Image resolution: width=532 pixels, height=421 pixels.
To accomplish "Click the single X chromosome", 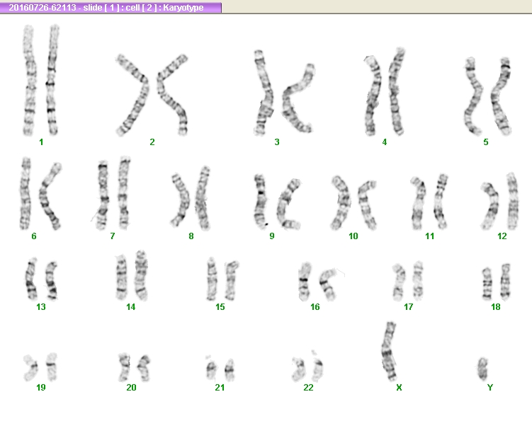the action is (388, 352).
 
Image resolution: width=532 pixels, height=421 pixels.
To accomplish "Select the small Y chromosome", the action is (482, 369).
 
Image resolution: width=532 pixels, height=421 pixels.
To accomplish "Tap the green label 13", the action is (40, 307).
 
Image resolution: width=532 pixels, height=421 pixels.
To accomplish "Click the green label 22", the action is (308, 388).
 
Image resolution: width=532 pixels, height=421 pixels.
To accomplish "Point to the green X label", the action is (399, 388).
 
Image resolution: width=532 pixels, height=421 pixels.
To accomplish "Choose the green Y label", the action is (490, 388).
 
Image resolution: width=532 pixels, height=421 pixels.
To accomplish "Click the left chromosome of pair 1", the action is (29, 81).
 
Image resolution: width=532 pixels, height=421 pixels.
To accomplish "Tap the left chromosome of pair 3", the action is (264, 93).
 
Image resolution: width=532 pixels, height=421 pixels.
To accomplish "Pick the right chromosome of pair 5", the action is (500, 97).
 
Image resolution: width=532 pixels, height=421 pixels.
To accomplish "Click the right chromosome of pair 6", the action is (49, 196).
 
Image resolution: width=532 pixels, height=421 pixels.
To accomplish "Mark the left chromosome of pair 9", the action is (260, 202).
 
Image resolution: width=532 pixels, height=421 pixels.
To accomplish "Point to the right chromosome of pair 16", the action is (327, 284).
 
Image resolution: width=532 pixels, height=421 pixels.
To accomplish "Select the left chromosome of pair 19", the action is (30, 367).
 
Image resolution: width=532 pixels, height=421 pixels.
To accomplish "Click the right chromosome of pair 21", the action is (230, 370).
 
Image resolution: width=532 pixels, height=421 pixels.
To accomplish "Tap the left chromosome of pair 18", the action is (487, 284).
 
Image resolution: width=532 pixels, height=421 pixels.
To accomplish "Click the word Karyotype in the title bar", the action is (183, 8).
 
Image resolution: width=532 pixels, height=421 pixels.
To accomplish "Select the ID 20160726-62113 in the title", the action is (43, 8).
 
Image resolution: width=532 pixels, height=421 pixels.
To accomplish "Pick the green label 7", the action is (113, 236).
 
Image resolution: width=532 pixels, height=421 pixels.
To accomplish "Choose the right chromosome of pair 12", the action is (513, 202).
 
